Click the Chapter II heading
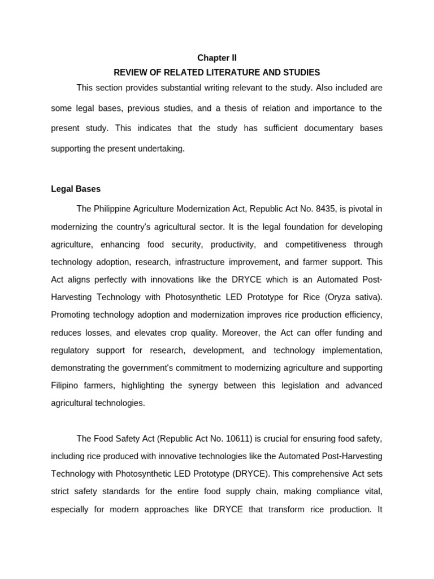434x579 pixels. click(217, 58)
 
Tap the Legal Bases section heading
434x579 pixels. click(76, 189)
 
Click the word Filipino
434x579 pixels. click(66, 386)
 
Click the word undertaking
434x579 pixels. click(161, 149)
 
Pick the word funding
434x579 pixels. click(343, 333)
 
